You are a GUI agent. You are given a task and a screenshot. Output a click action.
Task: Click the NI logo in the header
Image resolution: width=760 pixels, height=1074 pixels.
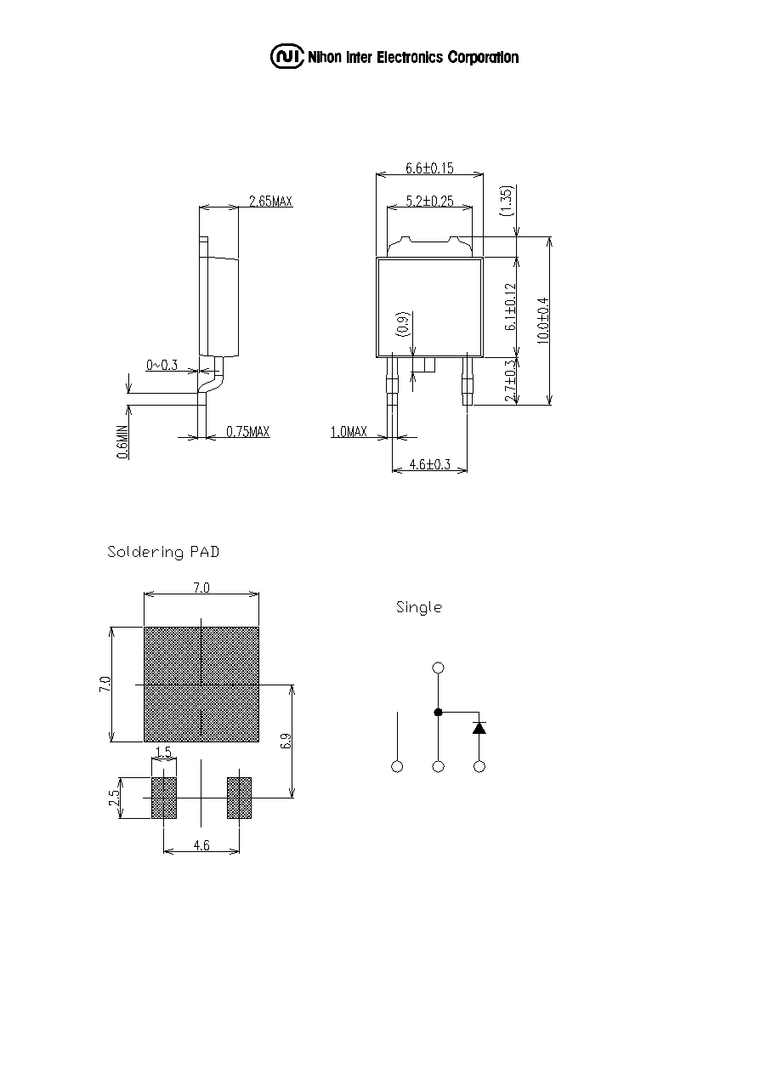tap(287, 57)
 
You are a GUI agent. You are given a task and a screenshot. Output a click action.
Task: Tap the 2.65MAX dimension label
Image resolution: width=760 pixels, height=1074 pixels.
tap(270, 201)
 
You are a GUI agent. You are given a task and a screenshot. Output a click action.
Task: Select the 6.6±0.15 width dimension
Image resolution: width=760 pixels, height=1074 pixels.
tap(429, 168)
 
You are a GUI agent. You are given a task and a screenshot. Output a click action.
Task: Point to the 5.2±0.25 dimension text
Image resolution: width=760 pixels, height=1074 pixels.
tap(429, 201)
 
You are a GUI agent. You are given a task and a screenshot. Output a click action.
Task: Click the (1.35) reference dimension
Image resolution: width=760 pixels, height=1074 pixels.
tap(507, 201)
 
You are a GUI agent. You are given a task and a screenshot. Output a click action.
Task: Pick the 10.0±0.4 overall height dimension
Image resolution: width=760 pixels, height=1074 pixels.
tap(543, 321)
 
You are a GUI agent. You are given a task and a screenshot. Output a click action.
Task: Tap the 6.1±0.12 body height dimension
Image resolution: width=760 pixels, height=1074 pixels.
tap(511, 307)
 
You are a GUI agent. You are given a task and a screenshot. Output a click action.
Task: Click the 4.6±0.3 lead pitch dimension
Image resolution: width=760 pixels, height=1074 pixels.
tap(430, 464)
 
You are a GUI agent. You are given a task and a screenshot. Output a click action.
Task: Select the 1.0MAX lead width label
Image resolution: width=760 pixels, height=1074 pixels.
tap(349, 431)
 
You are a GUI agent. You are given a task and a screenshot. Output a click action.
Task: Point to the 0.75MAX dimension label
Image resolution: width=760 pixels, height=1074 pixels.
tap(247, 431)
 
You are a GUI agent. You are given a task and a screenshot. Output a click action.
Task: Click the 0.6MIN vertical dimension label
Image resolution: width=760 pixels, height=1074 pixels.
tap(122, 441)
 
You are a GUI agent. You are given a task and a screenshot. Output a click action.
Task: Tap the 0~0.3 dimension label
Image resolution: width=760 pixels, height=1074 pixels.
tap(162, 365)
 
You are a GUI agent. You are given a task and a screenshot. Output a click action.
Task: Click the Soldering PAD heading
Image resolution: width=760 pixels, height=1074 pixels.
tap(163, 552)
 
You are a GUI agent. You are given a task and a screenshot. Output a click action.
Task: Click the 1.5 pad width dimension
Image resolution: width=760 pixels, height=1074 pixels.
tap(164, 752)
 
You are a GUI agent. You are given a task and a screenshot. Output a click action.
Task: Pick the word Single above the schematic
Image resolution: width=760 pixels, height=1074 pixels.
tap(419, 607)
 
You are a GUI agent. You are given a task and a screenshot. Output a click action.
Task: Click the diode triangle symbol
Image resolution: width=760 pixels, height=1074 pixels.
tap(479, 728)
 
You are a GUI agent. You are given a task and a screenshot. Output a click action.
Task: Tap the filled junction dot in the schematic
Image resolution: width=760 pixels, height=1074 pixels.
tap(438, 713)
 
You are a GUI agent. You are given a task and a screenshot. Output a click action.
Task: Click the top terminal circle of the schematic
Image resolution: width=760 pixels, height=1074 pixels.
tap(438, 668)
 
